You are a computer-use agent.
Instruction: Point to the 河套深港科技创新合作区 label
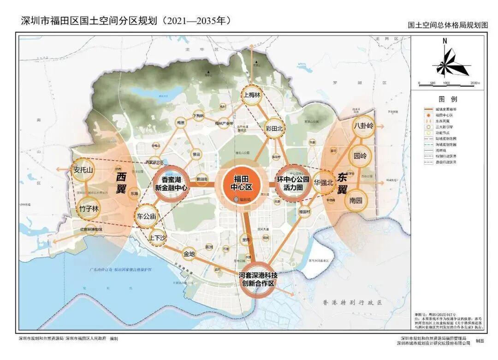(x=258, y=279)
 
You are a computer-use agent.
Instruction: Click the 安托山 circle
(x=83, y=170)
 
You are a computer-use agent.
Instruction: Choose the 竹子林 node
(x=89, y=209)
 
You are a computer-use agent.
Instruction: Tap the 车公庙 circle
(x=147, y=216)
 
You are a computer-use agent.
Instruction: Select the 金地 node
(x=190, y=253)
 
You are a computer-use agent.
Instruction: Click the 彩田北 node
(x=274, y=129)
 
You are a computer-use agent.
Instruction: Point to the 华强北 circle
(x=323, y=182)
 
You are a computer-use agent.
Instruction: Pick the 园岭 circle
(x=360, y=156)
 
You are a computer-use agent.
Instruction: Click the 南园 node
(x=356, y=201)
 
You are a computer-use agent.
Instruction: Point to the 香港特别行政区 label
(x=353, y=302)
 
